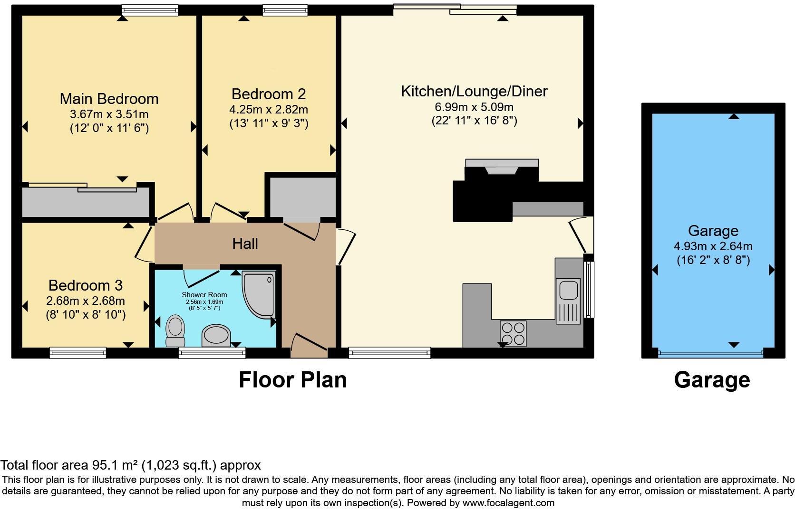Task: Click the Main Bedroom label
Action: pyautogui.click(x=109, y=99)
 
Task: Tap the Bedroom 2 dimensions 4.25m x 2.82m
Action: pyautogui.click(x=269, y=110)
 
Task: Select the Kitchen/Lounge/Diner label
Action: pyautogui.click(x=474, y=91)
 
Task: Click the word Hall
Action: pyautogui.click(x=245, y=244)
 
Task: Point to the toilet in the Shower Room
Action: pyautogui.click(x=175, y=331)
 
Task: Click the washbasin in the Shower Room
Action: pyautogui.click(x=216, y=335)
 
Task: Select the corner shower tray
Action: pyautogui.click(x=259, y=293)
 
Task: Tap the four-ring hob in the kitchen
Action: pyautogui.click(x=513, y=333)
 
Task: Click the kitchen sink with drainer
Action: pyautogui.click(x=568, y=299)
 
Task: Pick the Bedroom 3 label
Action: pyautogui.click(x=86, y=285)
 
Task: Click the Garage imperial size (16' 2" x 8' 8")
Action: pyautogui.click(x=713, y=260)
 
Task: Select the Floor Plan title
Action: pyautogui.click(x=292, y=380)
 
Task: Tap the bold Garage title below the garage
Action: pyautogui.click(x=712, y=380)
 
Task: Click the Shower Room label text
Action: pyautogui.click(x=204, y=295)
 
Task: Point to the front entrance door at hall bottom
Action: pyautogui.click(x=309, y=346)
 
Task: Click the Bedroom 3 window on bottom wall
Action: pyautogui.click(x=78, y=352)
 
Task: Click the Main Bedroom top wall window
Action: pyautogui.click(x=149, y=10)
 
